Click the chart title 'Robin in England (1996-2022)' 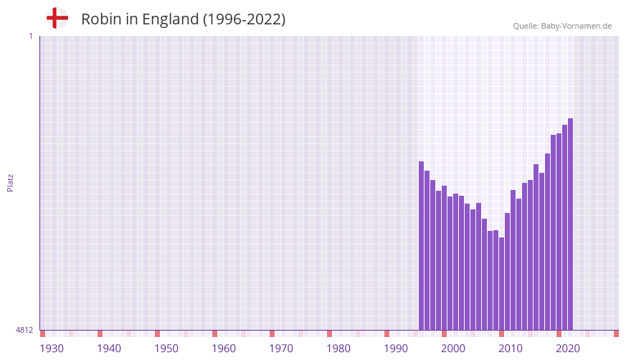click(x=183, y=19)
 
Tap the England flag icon click(x=57, y=18)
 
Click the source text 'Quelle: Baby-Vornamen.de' click(x=562, y=26)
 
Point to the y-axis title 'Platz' click(x=10, y=182)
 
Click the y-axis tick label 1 click(x=30, y=36)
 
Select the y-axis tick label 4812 click(x=24, y=330)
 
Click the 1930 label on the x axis click(x=52, y=349)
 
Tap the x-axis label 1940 click(x=109, y=349)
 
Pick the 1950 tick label click(x=166, y=349)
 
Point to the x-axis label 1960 click(x=224, y=349)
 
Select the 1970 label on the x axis click(x=281, y=349)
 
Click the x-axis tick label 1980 click(x=338, y=349)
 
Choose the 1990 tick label click(x=396, y=349)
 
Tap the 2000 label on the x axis click(x=453, y=349)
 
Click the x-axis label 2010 click(x=511, y=349)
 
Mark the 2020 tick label click(x=568, y=349)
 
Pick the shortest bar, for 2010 click(x=502, y=283)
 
